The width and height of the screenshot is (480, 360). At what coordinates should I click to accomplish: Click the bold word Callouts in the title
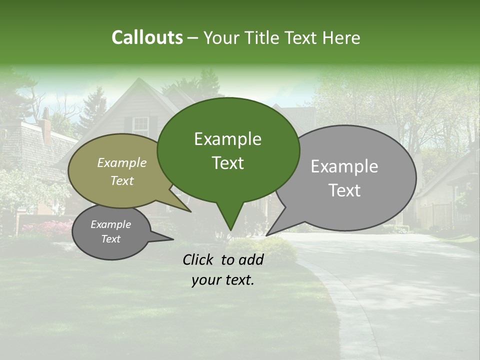(147, 37)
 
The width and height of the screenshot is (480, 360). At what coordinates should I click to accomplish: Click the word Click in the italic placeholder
(199, 259)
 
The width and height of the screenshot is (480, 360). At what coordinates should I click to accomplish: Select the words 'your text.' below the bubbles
(223, 280)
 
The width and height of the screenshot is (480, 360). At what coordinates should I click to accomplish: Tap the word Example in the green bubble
(228, 139)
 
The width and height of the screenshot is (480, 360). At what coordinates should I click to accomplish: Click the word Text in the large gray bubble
(344, 190)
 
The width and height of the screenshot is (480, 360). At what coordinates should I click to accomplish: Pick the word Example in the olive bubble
(122, 162)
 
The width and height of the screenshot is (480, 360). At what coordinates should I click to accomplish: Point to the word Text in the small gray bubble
(111, 239)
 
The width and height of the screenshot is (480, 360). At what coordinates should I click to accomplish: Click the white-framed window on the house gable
(141, 126)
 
